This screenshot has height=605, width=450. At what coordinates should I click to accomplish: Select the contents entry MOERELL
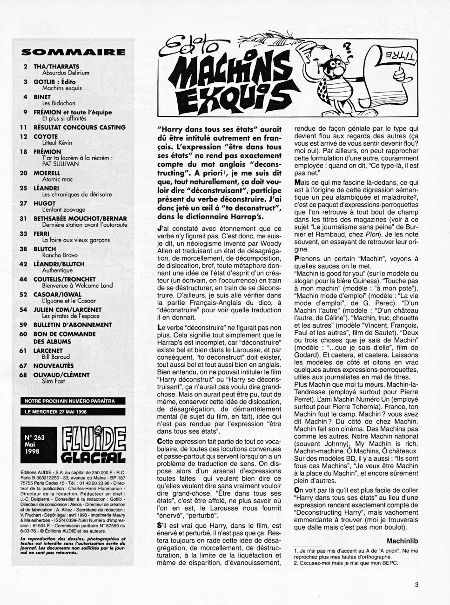click(47, 173)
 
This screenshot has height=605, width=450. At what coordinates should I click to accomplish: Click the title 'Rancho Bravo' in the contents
click(60, 255)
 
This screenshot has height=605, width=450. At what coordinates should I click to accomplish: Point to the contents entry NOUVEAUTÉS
click(54, 366)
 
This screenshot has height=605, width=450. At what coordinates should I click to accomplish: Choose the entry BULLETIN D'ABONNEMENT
click(73, 325)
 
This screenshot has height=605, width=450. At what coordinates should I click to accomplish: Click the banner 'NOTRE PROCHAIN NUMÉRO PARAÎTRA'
click(69, 401)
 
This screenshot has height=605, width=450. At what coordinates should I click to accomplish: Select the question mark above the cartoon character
click(346, 47)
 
